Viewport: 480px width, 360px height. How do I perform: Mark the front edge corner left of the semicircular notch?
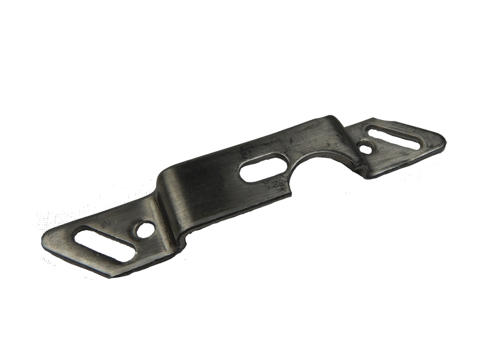point(292,189)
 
